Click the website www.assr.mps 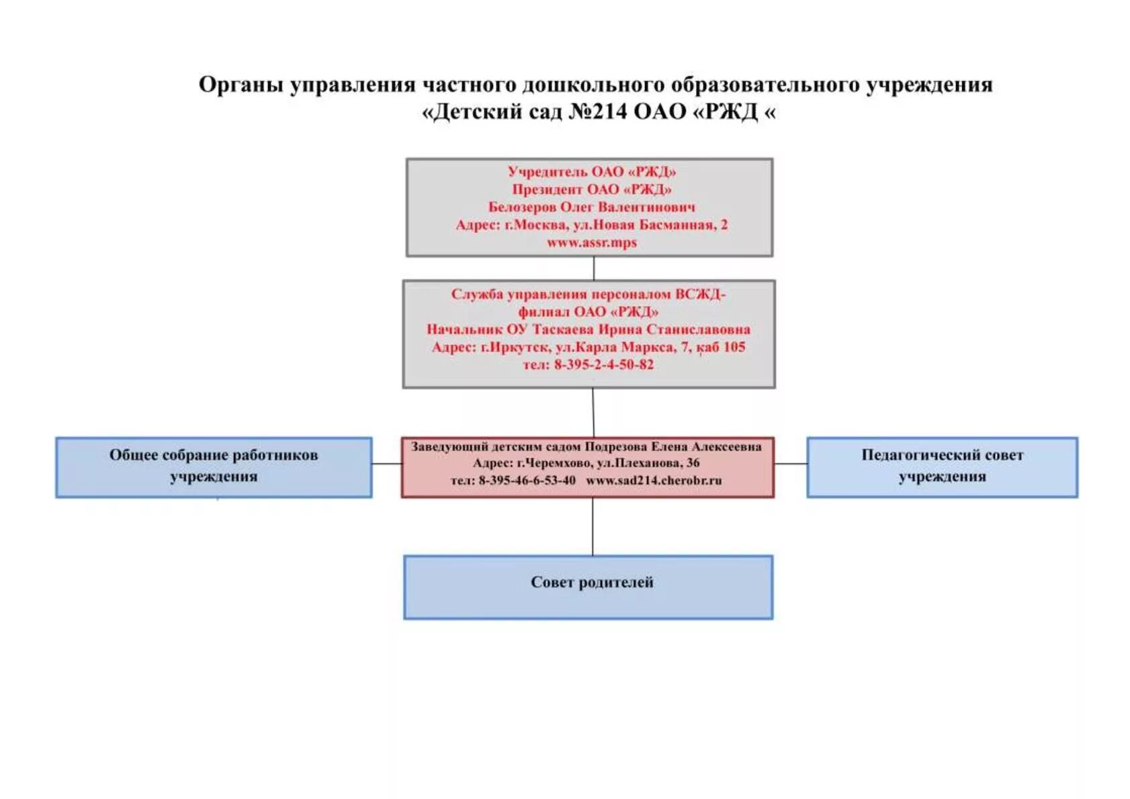pyautogui.click(x=591, y=242)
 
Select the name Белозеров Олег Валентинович pyautogui.click(x=591, y=207)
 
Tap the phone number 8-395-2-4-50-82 pyautogui.click(x=603, y=365)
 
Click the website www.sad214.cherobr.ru pyautogui.click(x=654, y=480)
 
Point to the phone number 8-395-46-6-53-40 pyautogui.click(x=527, y=480)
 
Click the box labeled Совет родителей pyautogui.click(x=589, y=587)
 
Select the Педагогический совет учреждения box pyautogui.click(x=942, y=467)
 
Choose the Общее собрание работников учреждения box pyautogui.click(x=214, y=467)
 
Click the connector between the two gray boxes pyautogui.click(x=594, y=268)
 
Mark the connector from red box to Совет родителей pyautogui.click(x=593, y=526)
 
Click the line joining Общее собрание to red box pyautogui.click(x=386, y=463)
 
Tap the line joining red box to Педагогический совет pyautogui.click(x=790, y=463)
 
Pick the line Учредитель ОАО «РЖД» pyautogui.click(x=591, y=172)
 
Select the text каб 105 pyautogui.click(x=721, y=347)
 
